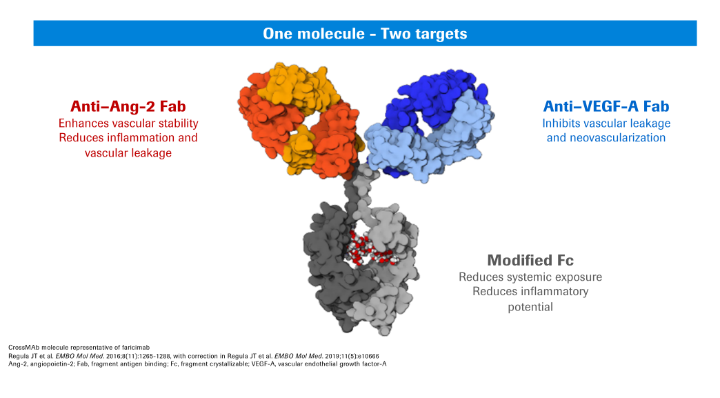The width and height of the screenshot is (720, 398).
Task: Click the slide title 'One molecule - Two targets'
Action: tap(365, 34)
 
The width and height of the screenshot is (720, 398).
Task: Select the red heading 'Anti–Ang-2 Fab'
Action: tap(128, 106)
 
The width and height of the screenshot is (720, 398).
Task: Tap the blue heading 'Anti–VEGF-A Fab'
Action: tap(606, 106)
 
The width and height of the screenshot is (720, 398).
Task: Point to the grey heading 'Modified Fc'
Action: tap(530, 260)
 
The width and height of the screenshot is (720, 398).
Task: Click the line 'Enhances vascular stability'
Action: tap(128, 123)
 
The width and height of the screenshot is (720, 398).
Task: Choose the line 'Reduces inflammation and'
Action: tap(128, 138)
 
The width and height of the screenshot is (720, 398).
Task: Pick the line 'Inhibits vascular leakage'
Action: tap(606, 123)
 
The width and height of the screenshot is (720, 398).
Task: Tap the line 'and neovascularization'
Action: tap(606, 138)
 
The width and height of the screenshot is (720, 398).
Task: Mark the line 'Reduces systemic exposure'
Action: tap(530, 277)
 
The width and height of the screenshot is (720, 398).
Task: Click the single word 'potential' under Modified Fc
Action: tap(530, 307)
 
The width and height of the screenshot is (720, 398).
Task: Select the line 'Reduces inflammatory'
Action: tap(530, 292)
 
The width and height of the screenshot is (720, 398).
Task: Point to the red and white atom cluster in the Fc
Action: tap(370, 250)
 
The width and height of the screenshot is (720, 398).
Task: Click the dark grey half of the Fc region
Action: tap(328, 266)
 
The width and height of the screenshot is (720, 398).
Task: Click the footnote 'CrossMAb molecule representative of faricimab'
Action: tap(79, 348)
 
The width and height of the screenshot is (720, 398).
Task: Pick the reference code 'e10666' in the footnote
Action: tap(369, 356)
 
